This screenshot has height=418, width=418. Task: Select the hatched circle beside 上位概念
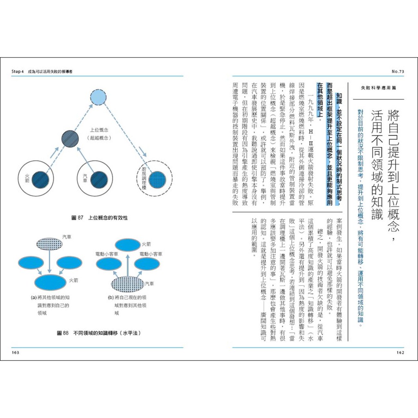point(70,139)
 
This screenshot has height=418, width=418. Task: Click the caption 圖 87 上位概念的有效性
point(100,218)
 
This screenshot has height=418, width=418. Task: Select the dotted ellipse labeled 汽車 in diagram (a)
point(49,244)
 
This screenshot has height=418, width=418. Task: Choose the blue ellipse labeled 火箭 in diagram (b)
point(127,245)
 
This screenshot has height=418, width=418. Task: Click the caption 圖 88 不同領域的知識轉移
point(99,333)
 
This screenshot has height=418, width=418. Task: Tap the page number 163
point(16,352)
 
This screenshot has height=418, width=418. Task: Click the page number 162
point(400,352)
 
